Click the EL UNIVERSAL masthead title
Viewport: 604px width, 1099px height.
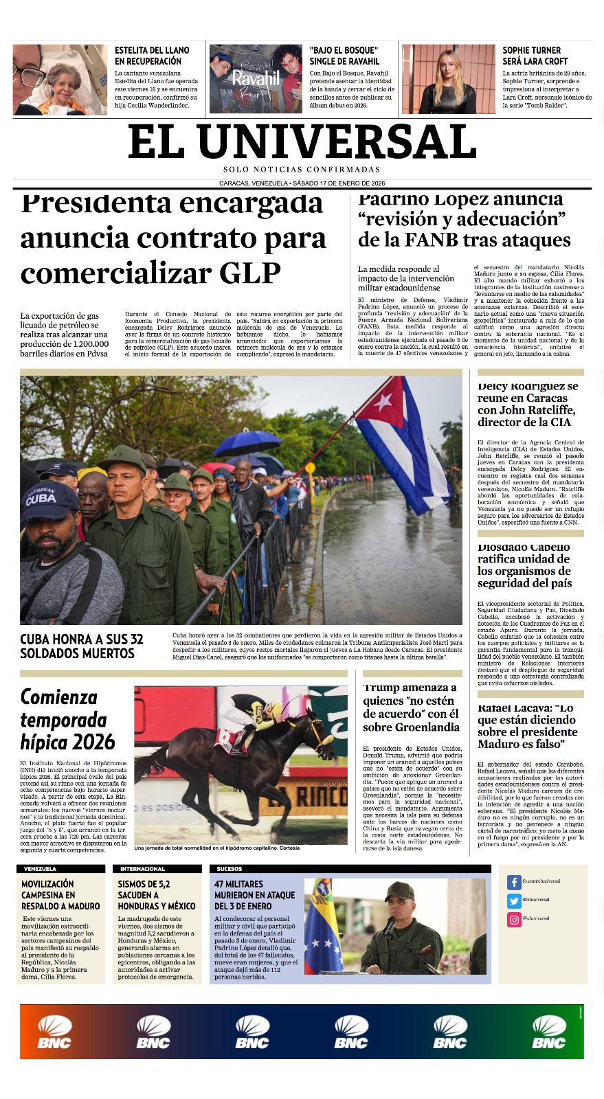click(302, 142)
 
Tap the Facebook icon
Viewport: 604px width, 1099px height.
click(514, 882)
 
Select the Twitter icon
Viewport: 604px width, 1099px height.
click(514, 900)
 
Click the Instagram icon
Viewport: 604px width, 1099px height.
click(514, 919)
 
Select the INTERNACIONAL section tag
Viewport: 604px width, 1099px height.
click(142, 869)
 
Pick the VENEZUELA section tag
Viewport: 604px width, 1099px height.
click(40, 869)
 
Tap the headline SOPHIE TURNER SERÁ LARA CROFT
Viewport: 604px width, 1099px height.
click(535, 56)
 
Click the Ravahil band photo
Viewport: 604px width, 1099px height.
click(256, 79)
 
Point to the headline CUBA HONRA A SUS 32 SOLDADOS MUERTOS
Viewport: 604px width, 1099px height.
click(82, 646)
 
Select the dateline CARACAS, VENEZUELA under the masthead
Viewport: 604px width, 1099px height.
click(254, 183)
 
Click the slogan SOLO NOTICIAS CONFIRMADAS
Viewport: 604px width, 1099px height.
click(302, 170)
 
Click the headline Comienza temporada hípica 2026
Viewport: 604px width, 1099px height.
click(67, 720)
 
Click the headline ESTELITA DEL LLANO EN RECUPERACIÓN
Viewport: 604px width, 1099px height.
click(152, 56)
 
